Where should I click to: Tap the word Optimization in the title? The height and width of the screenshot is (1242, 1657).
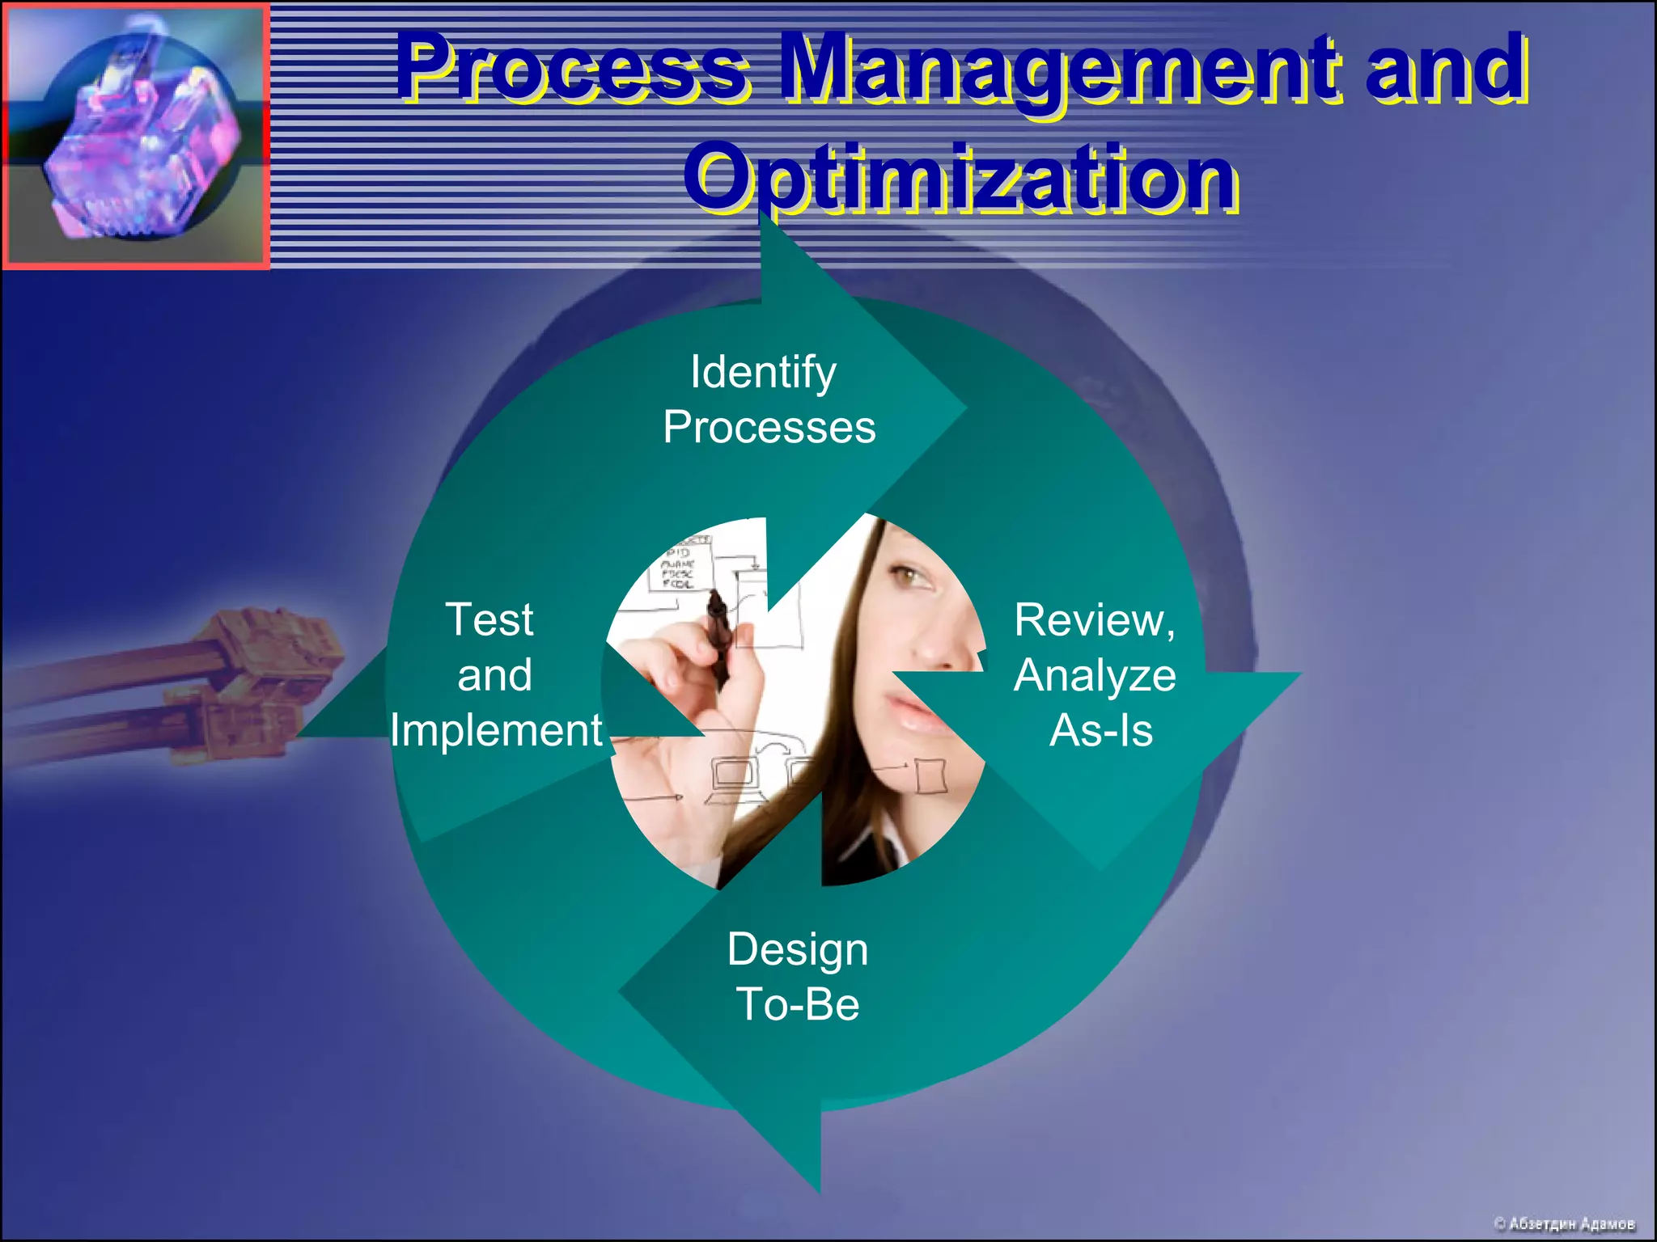click(960, 176)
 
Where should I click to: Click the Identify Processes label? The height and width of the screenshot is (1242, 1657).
click(769, 399)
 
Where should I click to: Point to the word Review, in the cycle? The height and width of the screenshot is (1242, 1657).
click(1094, 620)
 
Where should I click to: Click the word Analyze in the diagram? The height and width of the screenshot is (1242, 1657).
click(1094, 675)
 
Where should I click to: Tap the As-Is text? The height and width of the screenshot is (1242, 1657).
click(1100, 730)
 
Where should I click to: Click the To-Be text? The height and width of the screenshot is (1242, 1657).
click(797, 1004)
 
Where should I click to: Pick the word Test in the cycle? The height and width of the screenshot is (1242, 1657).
click(489, 620)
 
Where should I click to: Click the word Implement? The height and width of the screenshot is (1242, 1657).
click(495, 730)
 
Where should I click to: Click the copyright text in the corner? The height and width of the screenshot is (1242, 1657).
click(1563, 1223)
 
